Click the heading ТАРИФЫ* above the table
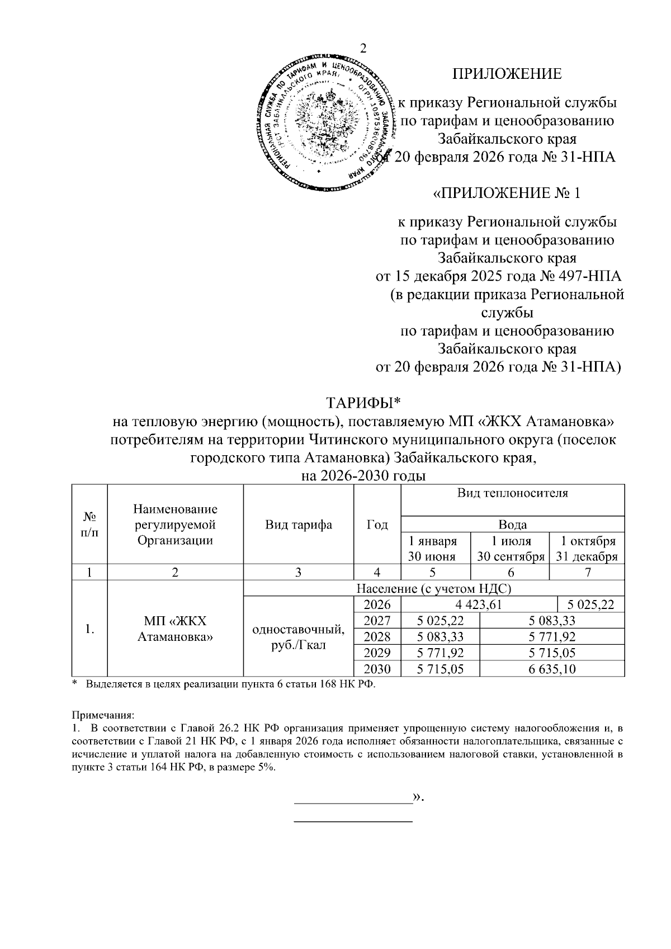click(x=364, y=403)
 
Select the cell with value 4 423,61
click(x=479, y=604)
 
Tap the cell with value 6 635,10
click(x=552, y=669)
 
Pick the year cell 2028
click(x=377, y=636)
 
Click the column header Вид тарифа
click(x=299, y=524)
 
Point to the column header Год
click(x=377, y=524)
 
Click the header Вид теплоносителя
click(x=512, y=493)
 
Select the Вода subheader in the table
click(x=512, y=525)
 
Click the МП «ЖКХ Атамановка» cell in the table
click(x=175, y=629)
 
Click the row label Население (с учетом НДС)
click(x=434, y=588)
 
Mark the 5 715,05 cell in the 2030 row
click(x=441, y=669)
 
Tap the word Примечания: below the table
click(x=103, y=715)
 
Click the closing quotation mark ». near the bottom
click(x=418, y=796)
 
